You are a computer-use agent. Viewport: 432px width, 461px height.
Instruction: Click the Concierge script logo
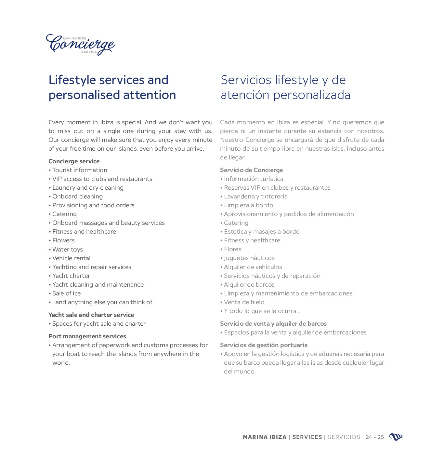(80, 45)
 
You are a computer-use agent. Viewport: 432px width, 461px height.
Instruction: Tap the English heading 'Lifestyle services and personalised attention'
(112, 87)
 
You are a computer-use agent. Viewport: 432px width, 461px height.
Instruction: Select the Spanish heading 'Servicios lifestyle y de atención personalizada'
(285, 87)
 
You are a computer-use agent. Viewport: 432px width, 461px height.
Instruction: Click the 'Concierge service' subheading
(74, 161)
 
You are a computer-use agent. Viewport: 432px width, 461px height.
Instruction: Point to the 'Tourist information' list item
(80, 170)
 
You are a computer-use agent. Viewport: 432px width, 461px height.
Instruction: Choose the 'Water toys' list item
(68, 250)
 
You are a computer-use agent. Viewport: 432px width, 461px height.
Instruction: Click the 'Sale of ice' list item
(66, 293)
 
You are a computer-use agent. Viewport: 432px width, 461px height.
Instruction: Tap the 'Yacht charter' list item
(71, 276)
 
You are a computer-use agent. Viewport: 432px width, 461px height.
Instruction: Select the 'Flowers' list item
(63, 240)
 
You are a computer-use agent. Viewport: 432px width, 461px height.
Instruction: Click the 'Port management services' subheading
(87, 336)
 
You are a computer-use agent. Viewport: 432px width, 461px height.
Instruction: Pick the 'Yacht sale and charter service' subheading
(91, 315)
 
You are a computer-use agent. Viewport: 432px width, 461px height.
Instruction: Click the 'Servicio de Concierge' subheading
(251, 170)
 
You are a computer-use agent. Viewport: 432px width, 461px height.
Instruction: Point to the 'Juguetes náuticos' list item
(249, 258)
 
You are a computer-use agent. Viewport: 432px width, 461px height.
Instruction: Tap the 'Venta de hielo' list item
(244, 302)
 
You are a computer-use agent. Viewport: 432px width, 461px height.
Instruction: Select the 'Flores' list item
(233, 249)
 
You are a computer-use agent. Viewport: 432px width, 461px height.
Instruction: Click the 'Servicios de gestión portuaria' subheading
(264, 345)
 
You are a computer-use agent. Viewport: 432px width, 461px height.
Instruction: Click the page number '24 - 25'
(374, 437)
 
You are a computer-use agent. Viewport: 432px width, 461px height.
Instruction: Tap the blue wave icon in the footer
(396, 437)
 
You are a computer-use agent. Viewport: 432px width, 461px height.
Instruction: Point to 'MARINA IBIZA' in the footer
(265, 437)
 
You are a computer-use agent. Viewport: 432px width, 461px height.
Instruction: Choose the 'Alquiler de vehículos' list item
(253, 267)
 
